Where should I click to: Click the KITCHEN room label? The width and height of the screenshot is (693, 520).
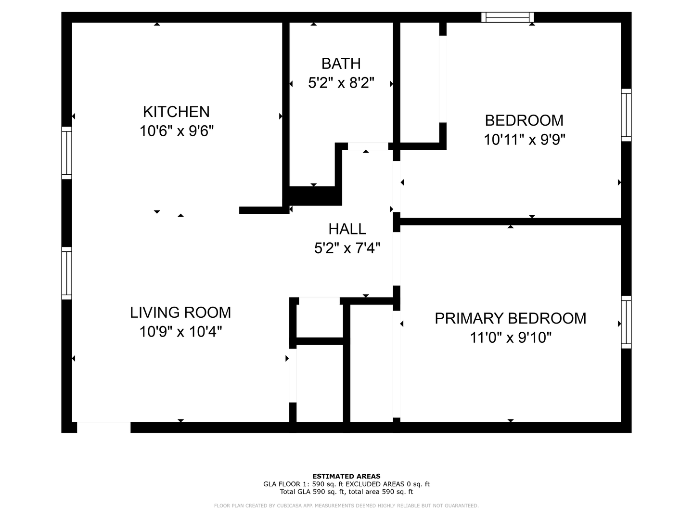176,112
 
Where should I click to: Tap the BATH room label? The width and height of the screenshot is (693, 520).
341,64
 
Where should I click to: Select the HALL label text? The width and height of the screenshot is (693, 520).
347,229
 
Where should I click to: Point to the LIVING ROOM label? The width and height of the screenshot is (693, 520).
180,312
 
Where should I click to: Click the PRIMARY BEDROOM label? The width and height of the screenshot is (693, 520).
510,318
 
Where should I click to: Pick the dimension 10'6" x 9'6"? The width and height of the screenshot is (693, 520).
176,131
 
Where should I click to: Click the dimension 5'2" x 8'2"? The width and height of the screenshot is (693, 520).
341,83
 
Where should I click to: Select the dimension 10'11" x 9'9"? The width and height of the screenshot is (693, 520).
524,140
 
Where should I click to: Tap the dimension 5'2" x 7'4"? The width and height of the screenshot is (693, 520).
347,248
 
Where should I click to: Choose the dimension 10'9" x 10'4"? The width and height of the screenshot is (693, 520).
180,332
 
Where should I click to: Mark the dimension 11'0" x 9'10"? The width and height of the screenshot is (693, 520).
510,338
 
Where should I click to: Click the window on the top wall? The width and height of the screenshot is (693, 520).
507,18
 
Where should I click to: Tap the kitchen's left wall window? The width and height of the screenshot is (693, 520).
66,153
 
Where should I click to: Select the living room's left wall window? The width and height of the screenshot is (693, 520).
66,273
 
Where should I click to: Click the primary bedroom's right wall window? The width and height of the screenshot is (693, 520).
626,322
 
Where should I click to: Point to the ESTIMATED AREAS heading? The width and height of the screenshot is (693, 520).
346,476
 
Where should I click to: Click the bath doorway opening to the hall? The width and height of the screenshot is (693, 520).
368,146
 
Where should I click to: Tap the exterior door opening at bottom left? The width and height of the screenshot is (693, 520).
103,427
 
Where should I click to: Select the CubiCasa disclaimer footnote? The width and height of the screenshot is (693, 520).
346,506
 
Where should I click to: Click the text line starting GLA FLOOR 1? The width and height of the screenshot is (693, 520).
346,484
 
